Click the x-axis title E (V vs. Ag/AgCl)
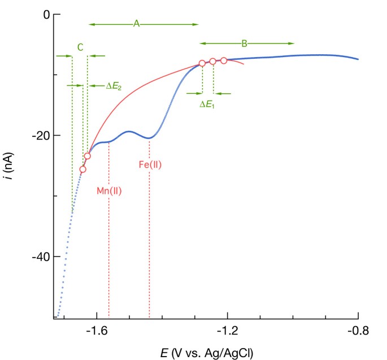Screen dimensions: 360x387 pyautogui.click(x=206, y=351)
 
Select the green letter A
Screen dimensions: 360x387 pyautogui.click(x=136, y=23)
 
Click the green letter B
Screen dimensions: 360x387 pyautogui.click(x=245, y=43)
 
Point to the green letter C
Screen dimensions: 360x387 pyautogui.click(x=80, y=47)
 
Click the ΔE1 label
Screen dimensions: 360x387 pyautogui.click(x=207, y=104)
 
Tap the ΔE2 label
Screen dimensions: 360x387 pyautogui.click(x=114, y=86)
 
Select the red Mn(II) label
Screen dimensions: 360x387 pyautogui.click(x=109, y=190)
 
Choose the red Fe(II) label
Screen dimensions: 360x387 pyautogui.click(x=150, y=165)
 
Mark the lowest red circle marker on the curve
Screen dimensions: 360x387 pyautogui.click(x=83, y=169)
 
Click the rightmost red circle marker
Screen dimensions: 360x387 pyautogui.click(x=224, y=60)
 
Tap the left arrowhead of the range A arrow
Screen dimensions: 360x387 pyautogui.click(x=91, y=24)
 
